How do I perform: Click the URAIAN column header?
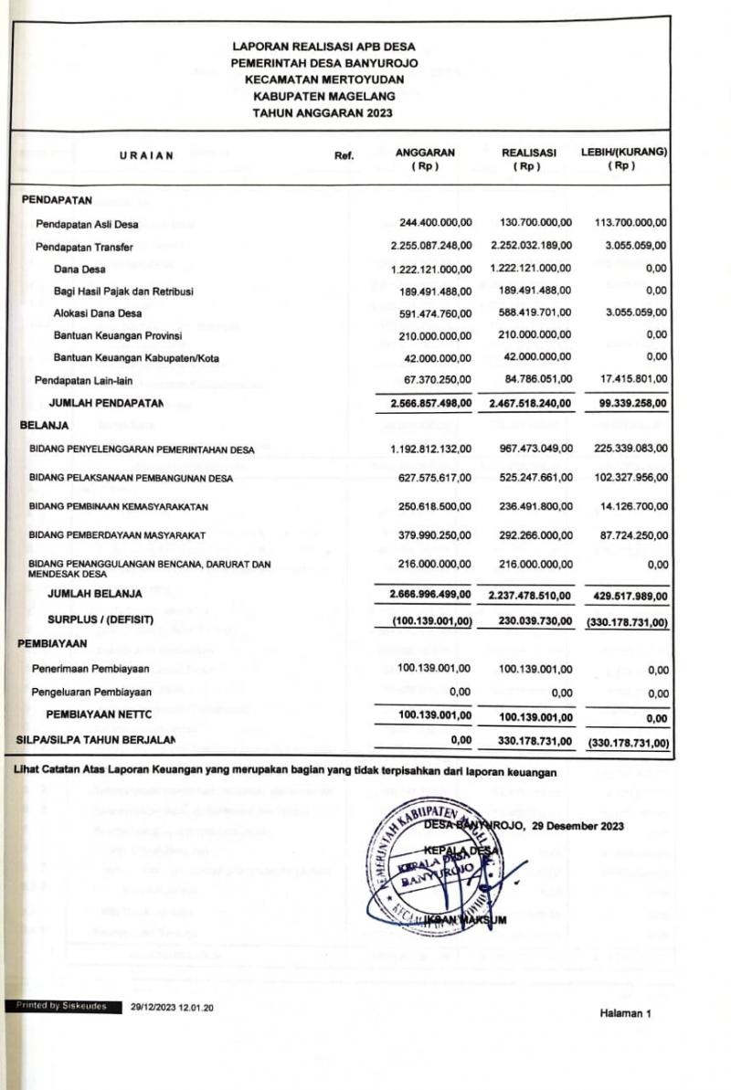click(x=146, y=155)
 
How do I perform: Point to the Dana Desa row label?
click(x=79, y=269)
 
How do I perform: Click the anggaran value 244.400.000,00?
click(x=436, y=223)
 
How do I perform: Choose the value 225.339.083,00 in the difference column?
click(x=629, y=448)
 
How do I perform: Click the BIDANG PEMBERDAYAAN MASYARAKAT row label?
click(x=118, y=534)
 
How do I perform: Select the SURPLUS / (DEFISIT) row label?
click(x=101, y=620)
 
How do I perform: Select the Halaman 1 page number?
click(x=626, y=1013)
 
